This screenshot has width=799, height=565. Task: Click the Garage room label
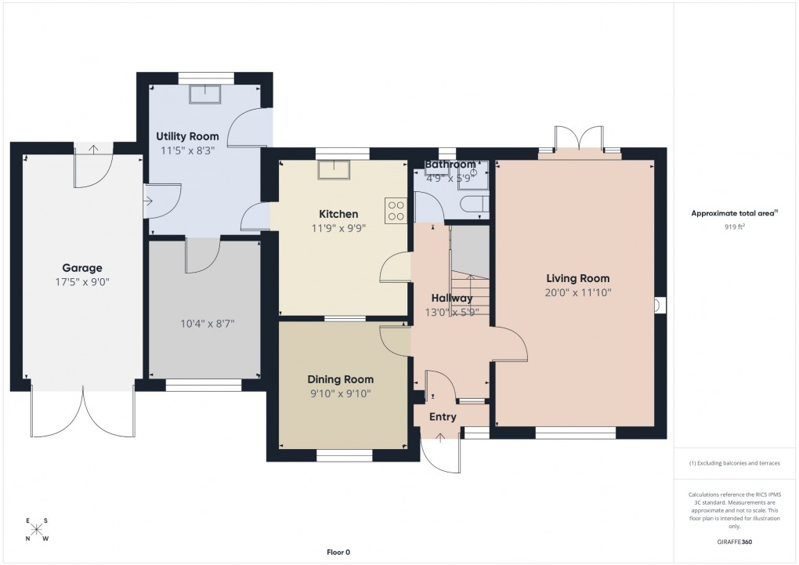[82, 268]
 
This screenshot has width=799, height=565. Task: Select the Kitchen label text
[338, 214]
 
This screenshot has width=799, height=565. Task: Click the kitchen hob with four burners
[396, 209]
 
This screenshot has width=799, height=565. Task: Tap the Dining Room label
[340, 379]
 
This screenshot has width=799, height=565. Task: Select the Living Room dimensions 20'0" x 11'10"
[577, 292]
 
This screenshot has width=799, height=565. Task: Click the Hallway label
[451, 298]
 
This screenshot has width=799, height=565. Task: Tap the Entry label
[443, 417]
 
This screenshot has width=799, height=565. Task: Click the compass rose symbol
[37, 530]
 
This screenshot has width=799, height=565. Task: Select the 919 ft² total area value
[734, 226]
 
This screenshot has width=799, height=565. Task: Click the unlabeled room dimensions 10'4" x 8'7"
[203, 323]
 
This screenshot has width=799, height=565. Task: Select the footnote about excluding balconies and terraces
[735, 463]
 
